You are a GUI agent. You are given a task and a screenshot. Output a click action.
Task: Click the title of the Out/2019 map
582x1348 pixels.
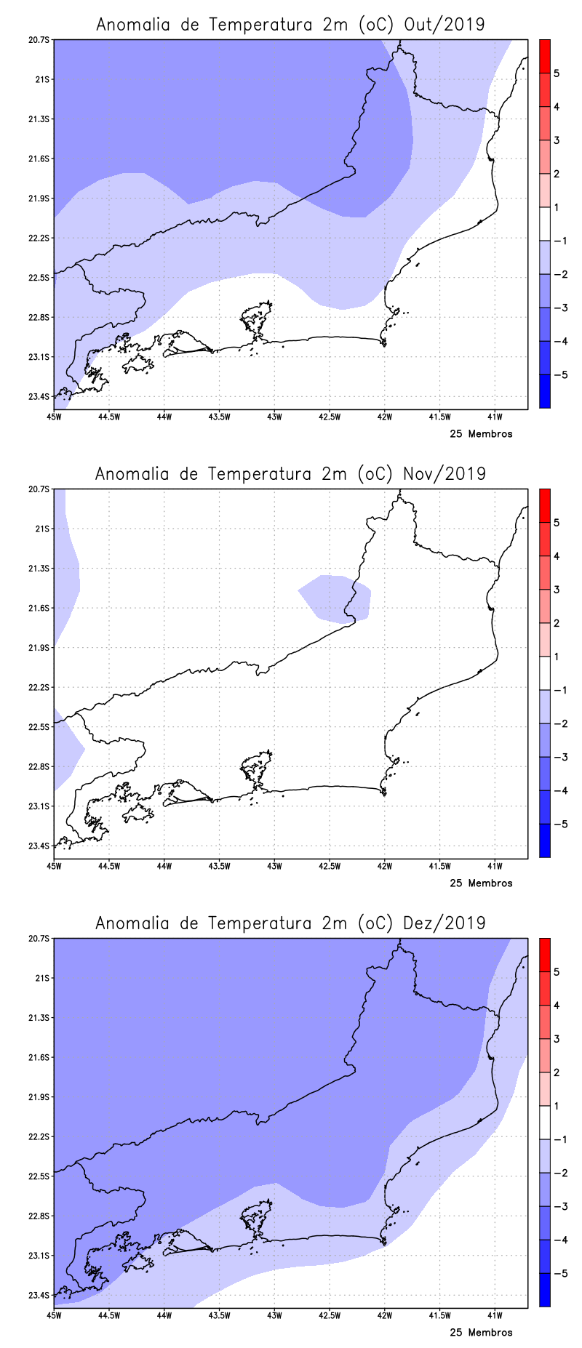[290, 25]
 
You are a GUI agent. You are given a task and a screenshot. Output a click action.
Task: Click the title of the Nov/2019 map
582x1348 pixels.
[290, 474]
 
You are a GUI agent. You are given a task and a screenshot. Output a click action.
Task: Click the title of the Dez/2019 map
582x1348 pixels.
[290, 923]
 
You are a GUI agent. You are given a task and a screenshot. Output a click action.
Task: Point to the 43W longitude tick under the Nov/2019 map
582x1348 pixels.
[274, 866]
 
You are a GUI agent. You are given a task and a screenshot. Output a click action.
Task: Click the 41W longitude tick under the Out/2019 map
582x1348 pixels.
[495, 417]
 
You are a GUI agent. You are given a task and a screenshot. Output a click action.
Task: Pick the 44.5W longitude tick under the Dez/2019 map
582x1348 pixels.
[108, 1315]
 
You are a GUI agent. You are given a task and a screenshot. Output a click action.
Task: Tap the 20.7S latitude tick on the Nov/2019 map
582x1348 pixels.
[39, 489]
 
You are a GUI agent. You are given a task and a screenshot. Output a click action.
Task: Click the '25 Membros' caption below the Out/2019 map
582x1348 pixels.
[481, 434]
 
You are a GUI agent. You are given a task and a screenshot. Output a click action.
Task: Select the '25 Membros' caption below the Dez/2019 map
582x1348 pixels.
[481, 1333]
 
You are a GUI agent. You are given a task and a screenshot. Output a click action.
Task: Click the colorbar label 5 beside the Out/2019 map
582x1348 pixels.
[557, 73]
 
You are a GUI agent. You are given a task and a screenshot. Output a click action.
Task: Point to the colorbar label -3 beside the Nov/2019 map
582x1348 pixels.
[560, 757]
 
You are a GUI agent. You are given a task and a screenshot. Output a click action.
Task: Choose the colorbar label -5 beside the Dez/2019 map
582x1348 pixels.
[560, 1273]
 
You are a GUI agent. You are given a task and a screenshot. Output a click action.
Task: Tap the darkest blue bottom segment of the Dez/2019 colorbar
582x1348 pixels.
[544, 1290]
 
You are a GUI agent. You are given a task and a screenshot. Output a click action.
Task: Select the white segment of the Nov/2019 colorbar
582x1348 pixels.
[544, 673]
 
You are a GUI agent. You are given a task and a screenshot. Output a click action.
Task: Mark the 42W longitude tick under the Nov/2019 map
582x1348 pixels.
[385, 866]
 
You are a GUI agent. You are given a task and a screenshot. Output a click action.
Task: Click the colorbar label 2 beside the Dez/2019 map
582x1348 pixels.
[557, 1072]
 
